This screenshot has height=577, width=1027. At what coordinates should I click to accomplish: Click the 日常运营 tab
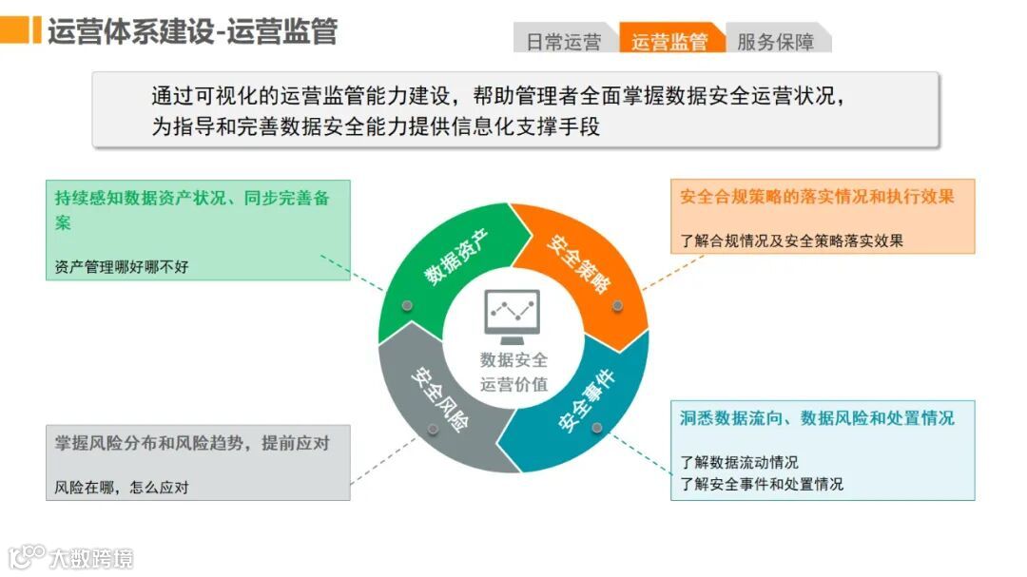(x=564, y=42)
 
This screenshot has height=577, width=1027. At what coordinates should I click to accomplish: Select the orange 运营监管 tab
(x=670, y=42)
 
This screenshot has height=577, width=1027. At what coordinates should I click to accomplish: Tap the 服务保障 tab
(x=776, y=42)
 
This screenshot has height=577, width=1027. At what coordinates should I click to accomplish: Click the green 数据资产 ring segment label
(x=455, y=258)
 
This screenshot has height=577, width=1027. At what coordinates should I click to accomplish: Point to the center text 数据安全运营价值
(x=513, y=372)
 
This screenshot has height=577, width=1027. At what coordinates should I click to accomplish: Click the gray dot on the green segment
(x=408, y=305)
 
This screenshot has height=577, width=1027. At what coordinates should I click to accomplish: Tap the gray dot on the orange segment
(x=617, y=305)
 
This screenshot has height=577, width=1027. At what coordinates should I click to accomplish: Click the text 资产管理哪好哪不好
(x=122, y=267)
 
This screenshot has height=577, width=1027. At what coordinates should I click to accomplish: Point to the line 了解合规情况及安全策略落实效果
(x=791, y=240)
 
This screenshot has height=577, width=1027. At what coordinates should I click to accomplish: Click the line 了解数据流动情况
(x=739, y=463)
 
